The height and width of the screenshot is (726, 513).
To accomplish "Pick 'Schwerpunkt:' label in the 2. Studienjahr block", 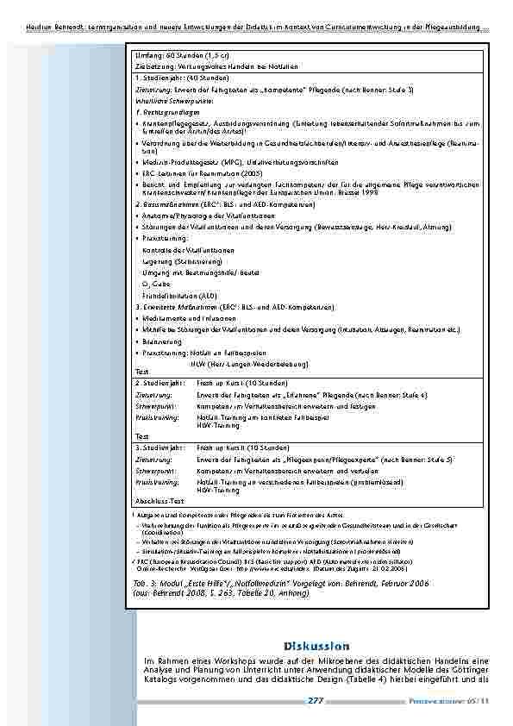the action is (156, 404).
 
